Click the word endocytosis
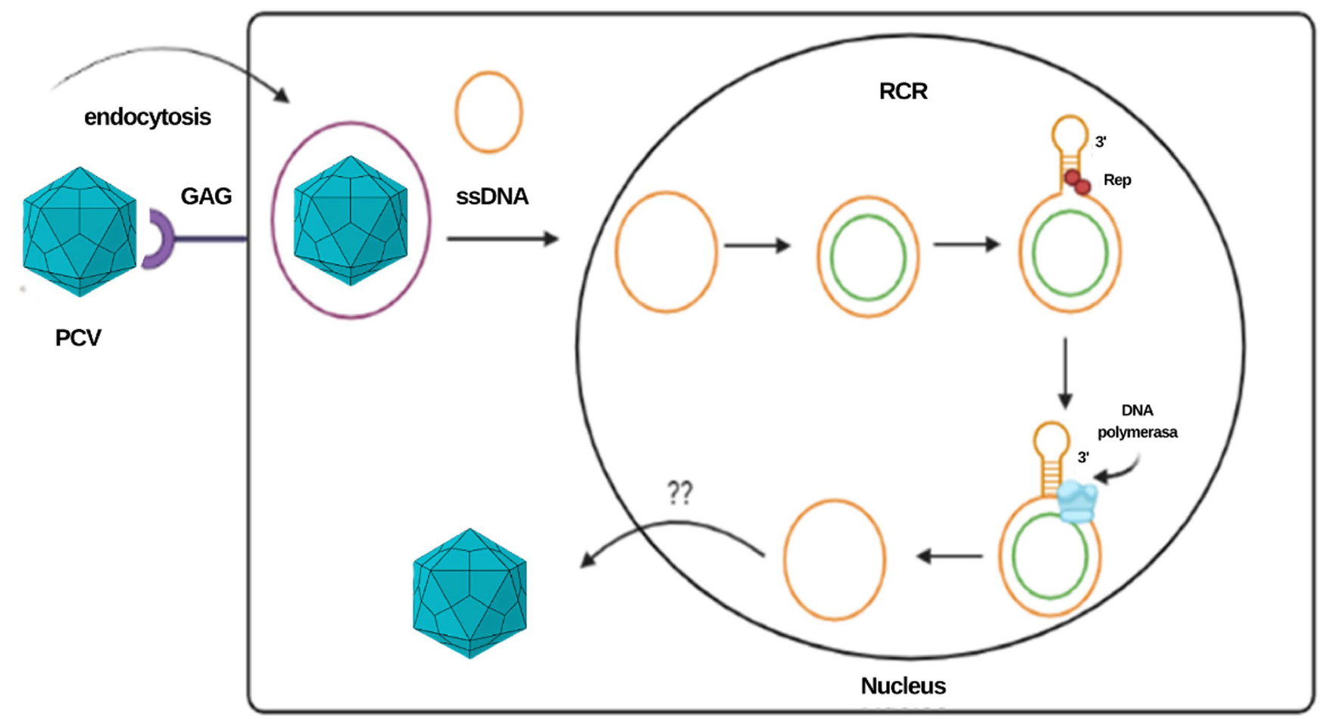147,117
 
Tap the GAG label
205,196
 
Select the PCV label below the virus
77,338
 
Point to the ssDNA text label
492,197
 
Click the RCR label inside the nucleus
903,92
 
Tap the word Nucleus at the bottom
903,686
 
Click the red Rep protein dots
1077,182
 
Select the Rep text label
1116,180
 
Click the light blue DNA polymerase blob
1076,502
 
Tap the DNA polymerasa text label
1137,421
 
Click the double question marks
679,493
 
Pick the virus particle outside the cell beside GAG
80,232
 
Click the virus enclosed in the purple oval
351,220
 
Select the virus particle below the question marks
470,592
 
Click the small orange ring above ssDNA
489,112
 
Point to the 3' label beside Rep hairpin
1100,142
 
